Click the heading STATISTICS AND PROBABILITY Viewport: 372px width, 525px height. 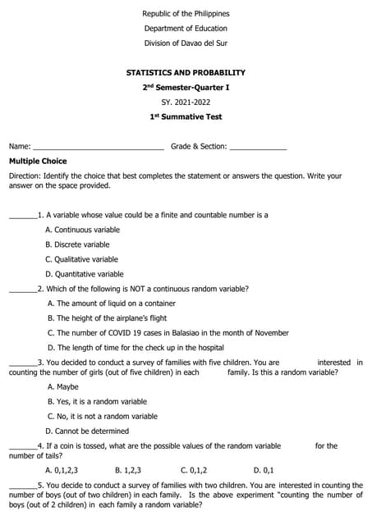point(186,72)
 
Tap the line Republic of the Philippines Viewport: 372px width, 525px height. point(186,14)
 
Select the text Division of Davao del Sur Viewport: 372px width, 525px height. point(186,43)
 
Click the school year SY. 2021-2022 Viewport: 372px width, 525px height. point(186,102)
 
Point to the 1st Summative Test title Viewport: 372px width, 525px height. point(186,116)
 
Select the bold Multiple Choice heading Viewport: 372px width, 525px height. point(38,161)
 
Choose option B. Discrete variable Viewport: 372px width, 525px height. point(77,244)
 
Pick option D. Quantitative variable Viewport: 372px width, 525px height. point(84,274)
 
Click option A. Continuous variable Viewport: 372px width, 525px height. point(82,230)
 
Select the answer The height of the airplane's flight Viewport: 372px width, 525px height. point(107,318)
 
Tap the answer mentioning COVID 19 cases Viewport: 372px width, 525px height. point(168,333)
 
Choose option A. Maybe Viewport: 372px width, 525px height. point(63,386)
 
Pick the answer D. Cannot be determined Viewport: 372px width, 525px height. point(87,431)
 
